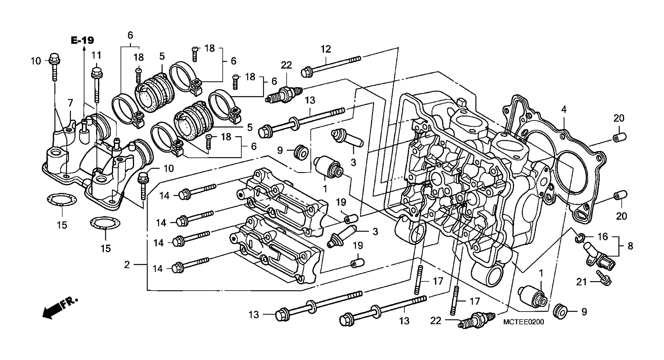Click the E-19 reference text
(82, 40)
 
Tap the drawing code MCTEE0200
(523, 322)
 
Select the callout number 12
(326, 49)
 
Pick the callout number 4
(564, 109)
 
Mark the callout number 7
(70, 103)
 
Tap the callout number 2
(127, 265)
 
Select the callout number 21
(581, 282)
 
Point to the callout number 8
(630, 246)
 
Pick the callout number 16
(603, 236)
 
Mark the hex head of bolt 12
(307, 72)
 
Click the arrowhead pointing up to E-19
(83, 48)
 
